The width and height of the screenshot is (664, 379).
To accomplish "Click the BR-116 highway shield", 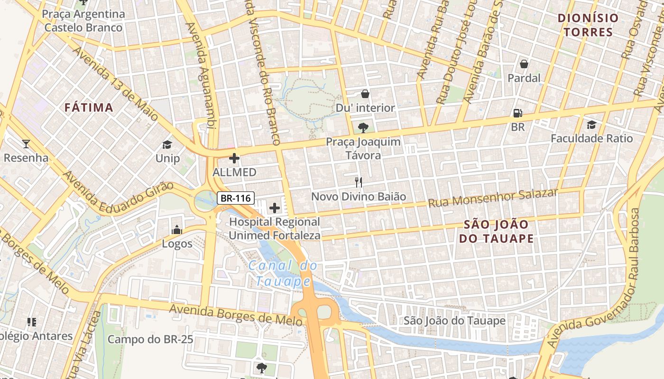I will point(236,198).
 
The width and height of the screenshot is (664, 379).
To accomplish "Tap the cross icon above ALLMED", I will point(234,158).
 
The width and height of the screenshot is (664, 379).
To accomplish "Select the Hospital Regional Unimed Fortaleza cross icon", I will point(275,208).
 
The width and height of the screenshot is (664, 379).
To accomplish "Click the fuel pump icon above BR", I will point(518,113).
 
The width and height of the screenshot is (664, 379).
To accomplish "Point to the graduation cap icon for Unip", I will point(167,144).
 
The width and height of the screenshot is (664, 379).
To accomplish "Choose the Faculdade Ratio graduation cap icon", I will point(591,125).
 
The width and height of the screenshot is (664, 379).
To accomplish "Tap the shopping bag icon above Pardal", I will point(524,63).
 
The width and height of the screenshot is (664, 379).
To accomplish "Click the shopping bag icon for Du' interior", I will point(365,94).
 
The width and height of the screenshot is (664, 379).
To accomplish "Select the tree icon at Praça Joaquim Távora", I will point(363,127).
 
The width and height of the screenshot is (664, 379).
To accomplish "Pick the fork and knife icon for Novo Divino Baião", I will point(359,182).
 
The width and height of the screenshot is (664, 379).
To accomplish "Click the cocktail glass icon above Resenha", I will point(26,144).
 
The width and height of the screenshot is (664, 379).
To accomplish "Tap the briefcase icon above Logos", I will point(177,230).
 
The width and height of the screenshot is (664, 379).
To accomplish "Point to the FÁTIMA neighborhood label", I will point(89,108).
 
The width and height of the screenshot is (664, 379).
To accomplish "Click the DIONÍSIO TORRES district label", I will point(588,25).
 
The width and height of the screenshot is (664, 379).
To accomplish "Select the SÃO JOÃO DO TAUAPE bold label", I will point(496,231).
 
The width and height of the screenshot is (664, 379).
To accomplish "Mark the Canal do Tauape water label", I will point(283,273).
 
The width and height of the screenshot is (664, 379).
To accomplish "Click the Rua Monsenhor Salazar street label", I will point(493,198).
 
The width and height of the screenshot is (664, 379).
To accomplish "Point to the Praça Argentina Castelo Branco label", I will point(83,20).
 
